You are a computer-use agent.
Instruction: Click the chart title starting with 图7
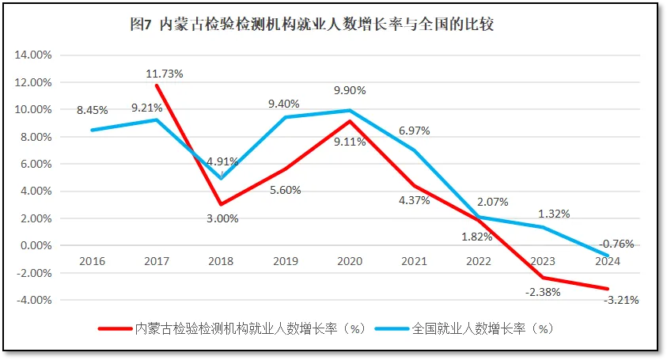pos(311,24)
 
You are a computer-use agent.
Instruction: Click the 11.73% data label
pos(164,74)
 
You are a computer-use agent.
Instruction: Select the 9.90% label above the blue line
pos(350,90)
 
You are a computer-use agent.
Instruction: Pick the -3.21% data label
pos(620,300)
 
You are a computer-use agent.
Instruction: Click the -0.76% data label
pos(617,244)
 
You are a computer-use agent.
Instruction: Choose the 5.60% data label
pos(286,190)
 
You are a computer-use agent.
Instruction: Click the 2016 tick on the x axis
pos(92,260)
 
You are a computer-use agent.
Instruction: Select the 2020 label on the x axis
pos(350,260)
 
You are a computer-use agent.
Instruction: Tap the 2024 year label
pos(608,260)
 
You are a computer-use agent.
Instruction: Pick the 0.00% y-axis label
pos(36,245)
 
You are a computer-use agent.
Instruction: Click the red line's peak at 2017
pos(157,85)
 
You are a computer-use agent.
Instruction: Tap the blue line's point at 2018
pos(221,178)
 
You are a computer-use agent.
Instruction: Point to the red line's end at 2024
pos(608,289)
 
